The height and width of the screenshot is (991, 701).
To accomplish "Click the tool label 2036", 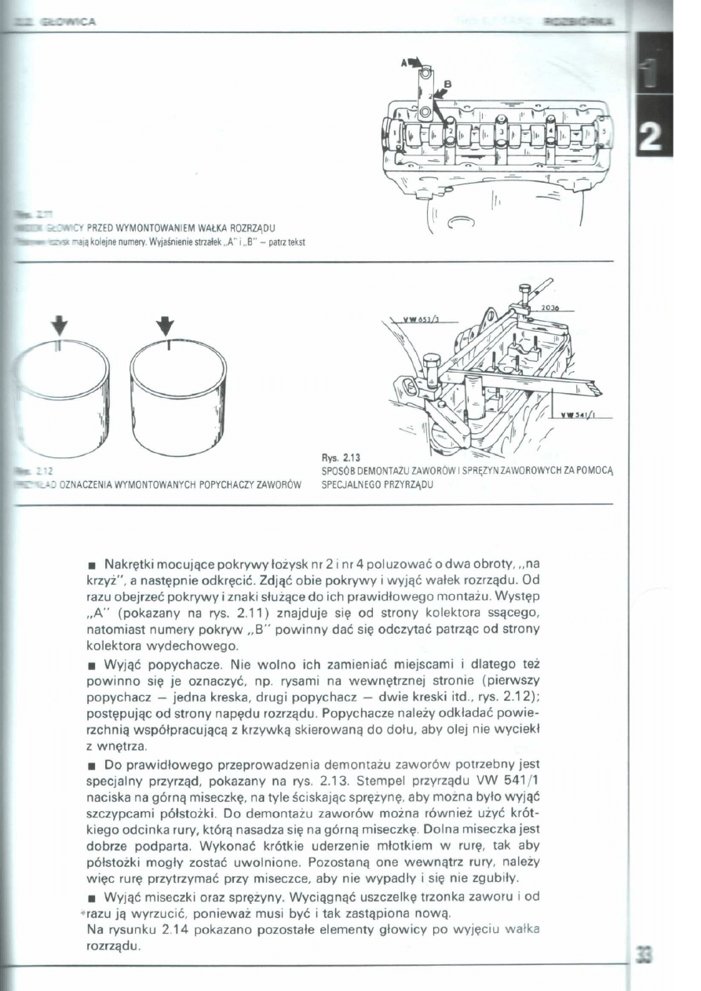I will [x=549, y=308].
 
